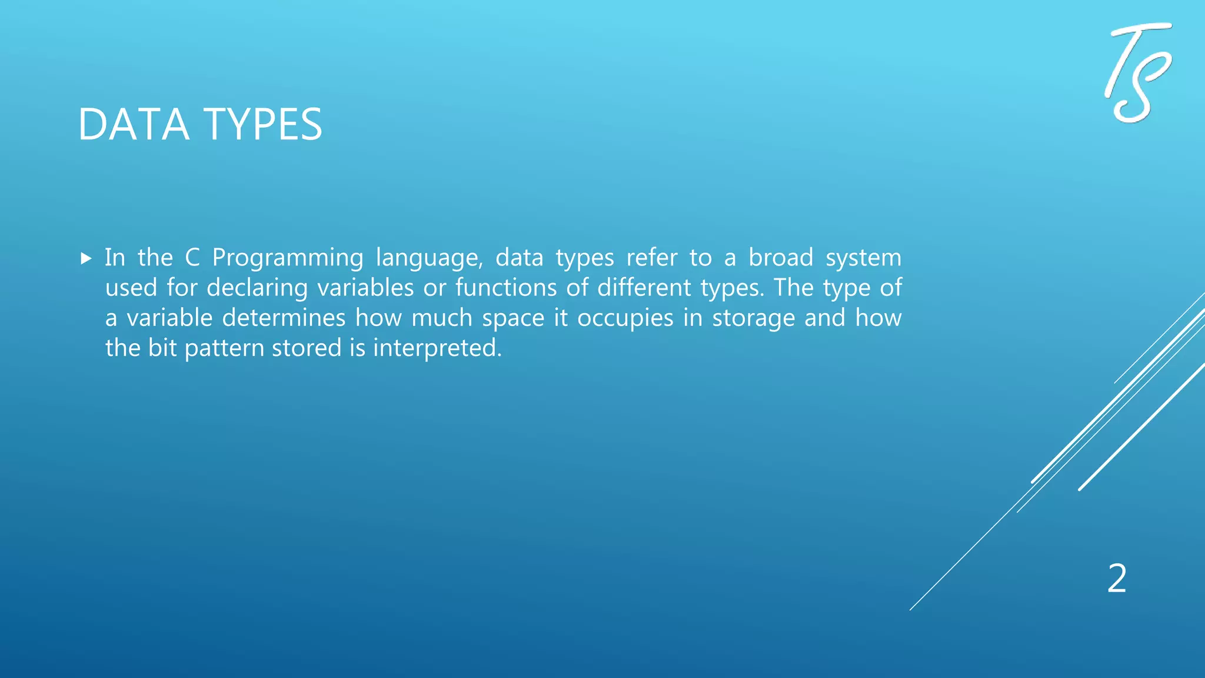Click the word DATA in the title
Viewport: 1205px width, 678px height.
134,125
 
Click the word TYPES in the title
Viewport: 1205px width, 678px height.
263,125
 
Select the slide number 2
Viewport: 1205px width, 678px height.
1117,579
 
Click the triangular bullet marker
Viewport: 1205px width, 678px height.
86,258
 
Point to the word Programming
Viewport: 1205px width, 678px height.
288,258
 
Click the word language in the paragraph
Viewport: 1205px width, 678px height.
428,258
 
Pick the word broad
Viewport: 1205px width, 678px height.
781,257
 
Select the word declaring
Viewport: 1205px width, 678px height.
257,288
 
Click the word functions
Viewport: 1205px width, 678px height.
506,288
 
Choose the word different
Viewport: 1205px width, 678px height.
644,288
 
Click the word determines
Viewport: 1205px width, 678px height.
284,318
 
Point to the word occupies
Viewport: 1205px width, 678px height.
625,318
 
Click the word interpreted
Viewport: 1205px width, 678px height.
437,348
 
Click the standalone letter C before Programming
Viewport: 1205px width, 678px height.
192,258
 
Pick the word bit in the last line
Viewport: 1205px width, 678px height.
162,348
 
